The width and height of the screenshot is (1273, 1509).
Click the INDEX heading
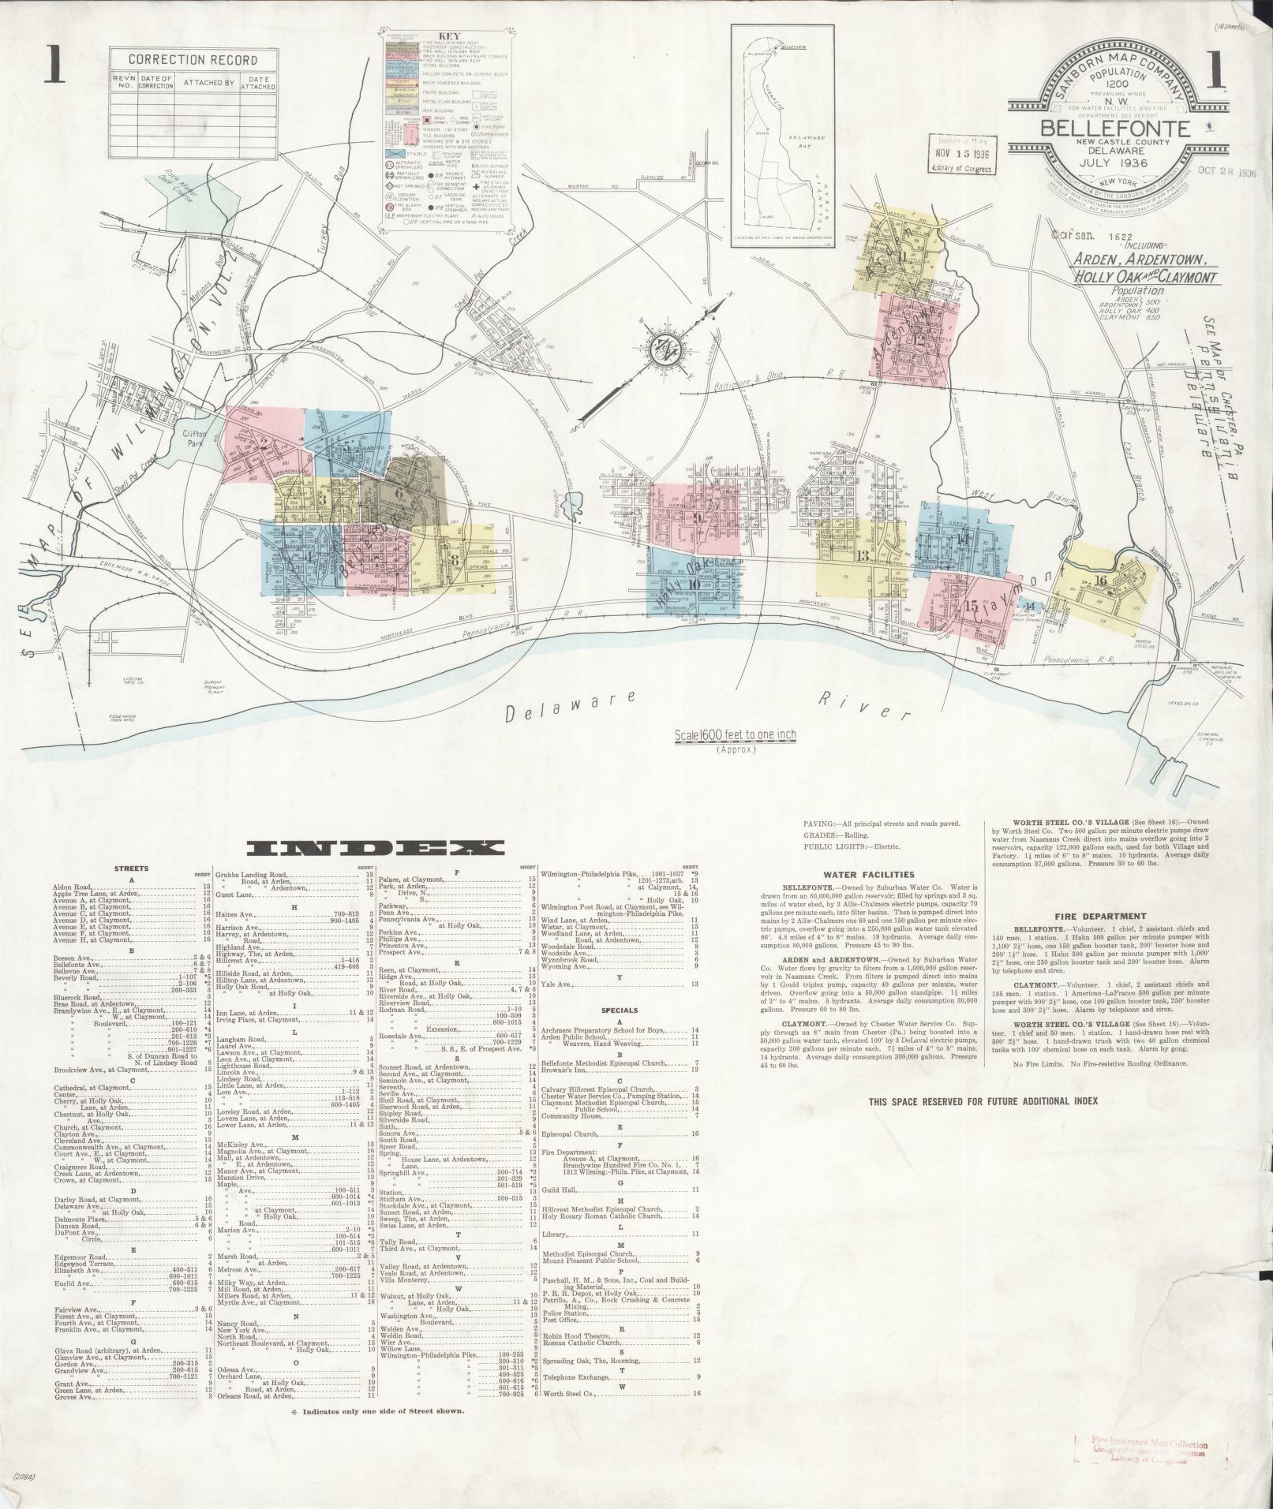point(375,849)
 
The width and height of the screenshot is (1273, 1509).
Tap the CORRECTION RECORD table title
point(193,60)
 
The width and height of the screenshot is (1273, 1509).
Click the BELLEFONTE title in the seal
point(1114,129)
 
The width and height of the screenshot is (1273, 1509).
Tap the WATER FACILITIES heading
point(868,874)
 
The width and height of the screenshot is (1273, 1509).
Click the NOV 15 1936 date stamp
point(961,154)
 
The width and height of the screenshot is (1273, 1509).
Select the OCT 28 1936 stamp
point(1225,172)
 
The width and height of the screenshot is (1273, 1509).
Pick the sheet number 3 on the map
point(321,499)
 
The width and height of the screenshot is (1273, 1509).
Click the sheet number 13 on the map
point(862,556)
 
